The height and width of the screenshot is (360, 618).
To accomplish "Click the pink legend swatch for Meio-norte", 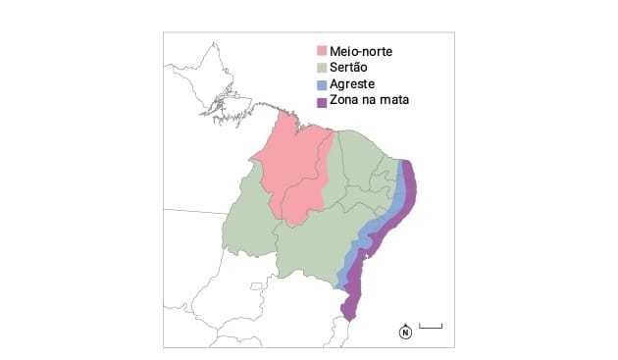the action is click(x=322, y=51).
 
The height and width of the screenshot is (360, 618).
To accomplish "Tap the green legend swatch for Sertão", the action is click(x=322, y=68).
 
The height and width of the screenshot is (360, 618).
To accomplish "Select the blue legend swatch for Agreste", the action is click(x=322, y=84).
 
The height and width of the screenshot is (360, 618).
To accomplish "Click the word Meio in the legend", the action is click(x=343, y=51).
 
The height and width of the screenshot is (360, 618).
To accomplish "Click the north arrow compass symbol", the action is click(x=404, y=331).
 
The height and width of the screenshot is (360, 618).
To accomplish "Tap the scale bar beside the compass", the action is click(x=431, y=326).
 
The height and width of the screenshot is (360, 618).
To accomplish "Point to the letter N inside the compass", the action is click(x=404, y=333).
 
